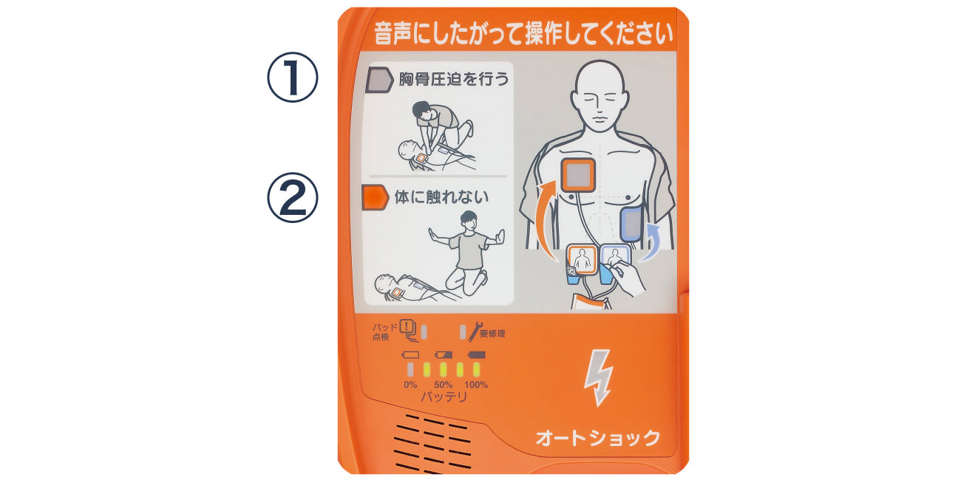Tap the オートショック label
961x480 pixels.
pyautogui.click(x=598, y=438)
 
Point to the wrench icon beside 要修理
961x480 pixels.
pyautogui.click(x=474, y=332)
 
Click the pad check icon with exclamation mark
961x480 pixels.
pyautogui.click(x=409, y=328)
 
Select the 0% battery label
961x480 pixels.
pyautogui.click(x=410, y=385)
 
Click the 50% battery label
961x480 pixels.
pyautogui.click(x=443, y=385)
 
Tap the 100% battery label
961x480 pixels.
pyautogui.click(x=476, y=385)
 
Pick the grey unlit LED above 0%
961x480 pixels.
pyautogui.click(x=410, y=369)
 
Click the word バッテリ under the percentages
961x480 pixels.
pyautogui.click(x=444, y=397)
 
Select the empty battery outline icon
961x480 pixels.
pyautogui.click(x=410, y=355)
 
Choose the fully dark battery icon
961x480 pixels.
pyautogui.click(x=477, y=355)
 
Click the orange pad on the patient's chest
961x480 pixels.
pyautogui.click(x=578, y=176)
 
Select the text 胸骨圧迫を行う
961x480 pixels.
pyautogui.click(x=454, y=79)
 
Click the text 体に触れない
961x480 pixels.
pyautogui.click(x=441, y=198)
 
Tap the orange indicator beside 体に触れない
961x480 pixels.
pyautogui.click(x=376, y=197)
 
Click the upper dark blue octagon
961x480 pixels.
pyautogui.click(x=294, y=83)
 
